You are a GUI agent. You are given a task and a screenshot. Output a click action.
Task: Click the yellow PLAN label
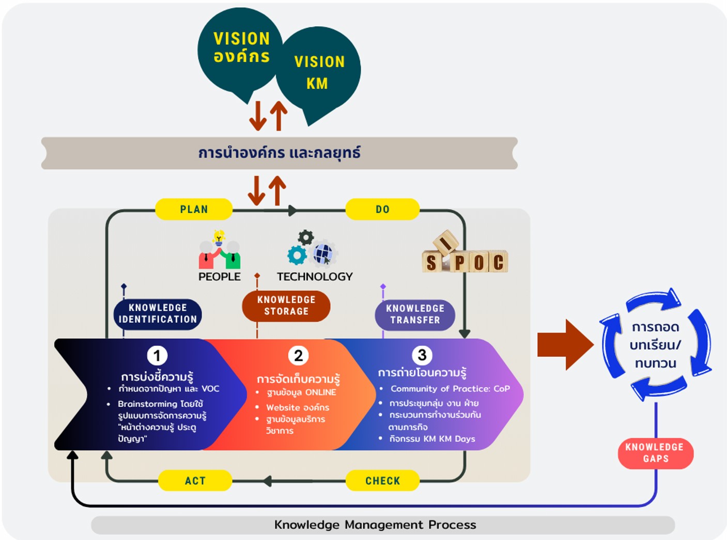pos(194,209)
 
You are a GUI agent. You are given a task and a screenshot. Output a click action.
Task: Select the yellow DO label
pos(382,209)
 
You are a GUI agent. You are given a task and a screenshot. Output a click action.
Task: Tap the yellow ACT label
pos(195,481)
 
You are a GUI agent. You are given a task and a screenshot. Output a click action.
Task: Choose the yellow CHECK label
pos(382,481)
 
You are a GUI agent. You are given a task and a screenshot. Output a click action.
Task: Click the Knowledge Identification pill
pos(158,314)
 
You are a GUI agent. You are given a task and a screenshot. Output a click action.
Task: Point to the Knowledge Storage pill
pos(286,306)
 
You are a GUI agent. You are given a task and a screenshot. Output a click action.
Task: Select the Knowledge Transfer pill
pos(415,314)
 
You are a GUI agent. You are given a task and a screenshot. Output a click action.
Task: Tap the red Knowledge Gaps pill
pos(655,453)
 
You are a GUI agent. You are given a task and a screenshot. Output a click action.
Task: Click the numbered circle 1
pos(157,356)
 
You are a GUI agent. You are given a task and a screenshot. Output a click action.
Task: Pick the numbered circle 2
pos(298,356)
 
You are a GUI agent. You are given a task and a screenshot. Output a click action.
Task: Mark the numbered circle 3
pos(422,355)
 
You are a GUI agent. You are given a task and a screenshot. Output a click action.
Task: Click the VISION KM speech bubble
pos(318,72)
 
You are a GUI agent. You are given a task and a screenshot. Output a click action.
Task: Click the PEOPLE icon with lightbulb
pos(220,250)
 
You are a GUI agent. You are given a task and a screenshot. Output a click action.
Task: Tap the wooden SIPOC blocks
pos(465,256)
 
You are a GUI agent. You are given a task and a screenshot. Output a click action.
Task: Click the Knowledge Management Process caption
pos(375,525)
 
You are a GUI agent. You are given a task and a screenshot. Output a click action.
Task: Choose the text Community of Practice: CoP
pos(450,389)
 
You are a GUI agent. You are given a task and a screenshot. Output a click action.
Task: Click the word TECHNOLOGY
pos(315,277)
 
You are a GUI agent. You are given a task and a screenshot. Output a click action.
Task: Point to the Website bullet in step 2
pos(298,407)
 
